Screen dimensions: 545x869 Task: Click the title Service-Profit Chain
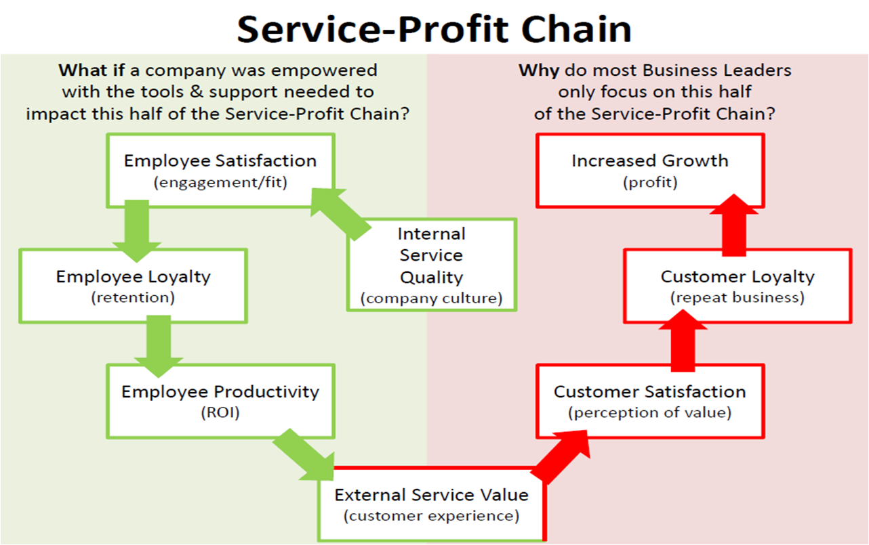tap(434, 28)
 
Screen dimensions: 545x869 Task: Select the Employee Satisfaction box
tap(220, 170)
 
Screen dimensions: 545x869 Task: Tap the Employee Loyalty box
tap(133, 285)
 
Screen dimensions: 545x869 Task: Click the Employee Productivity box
tap(220, 401)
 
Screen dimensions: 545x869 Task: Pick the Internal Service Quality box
tap(431, 265)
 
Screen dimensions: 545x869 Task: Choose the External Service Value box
tap(431, 504)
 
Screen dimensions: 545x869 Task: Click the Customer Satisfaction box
tap(649, 401)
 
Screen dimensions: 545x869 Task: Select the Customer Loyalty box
tap(737, 285)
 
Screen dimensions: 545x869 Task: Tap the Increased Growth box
tap(649, 170)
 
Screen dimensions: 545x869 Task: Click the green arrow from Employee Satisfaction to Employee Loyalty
tap(137, 229)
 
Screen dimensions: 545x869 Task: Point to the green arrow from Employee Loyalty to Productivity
tap(159, 345)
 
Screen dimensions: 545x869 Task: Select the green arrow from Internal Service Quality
tap(339, 213)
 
